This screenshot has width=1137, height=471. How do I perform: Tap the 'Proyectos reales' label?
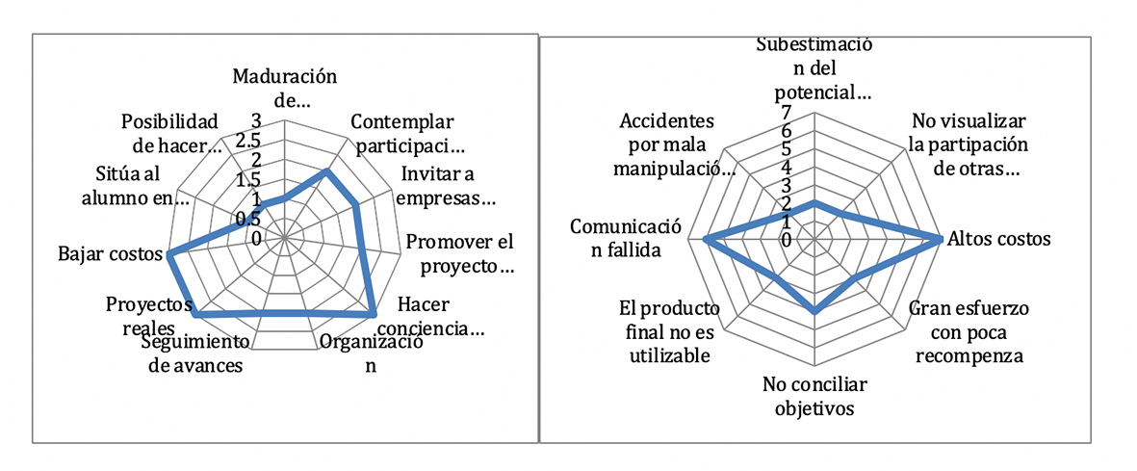(147, 315)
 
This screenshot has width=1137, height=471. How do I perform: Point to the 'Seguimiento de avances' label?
(192, 354)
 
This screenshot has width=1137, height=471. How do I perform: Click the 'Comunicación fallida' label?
(626, 239)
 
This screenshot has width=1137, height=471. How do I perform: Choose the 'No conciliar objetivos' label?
(814, 396)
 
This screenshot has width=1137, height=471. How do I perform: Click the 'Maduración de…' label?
(287, 86)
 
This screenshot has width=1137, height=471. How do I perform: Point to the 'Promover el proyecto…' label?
(458, 253)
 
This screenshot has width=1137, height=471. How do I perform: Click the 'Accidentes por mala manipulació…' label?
(670, 145)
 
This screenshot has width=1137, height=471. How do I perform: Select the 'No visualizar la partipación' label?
(969, 145)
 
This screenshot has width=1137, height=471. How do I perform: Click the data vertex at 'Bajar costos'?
(170, 255)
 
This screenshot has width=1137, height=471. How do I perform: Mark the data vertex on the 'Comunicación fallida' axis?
(706, 239)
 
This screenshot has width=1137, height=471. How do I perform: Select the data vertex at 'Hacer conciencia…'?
(373, 314)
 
